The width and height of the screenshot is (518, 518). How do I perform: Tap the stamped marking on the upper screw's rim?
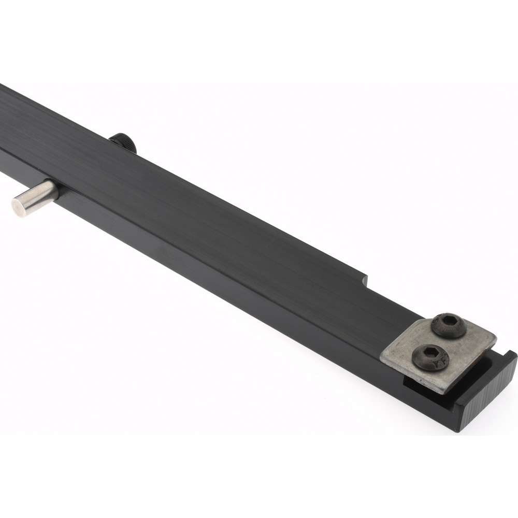[x=458, y=332]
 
